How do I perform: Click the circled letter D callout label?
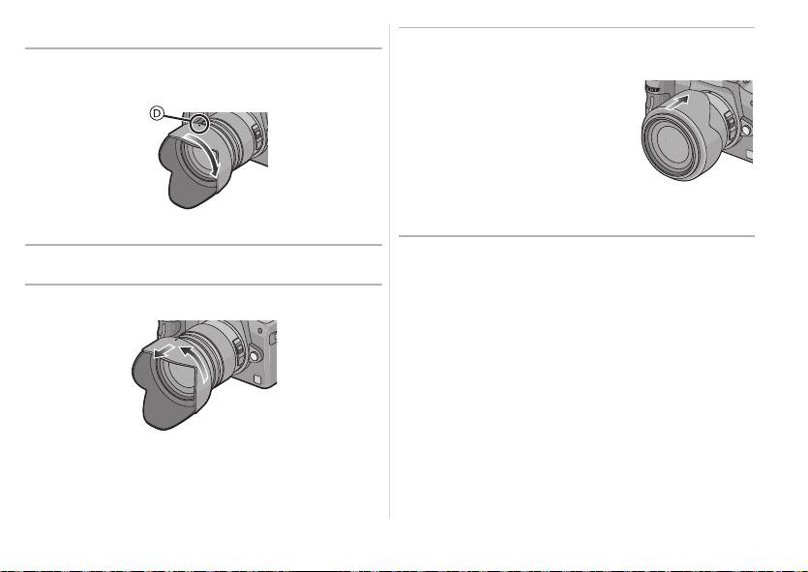[x=157, y=113]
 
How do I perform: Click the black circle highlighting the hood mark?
[x=199, y=123]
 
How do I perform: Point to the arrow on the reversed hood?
[x=675, y=103]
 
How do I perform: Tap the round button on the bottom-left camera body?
[x=254, y=355]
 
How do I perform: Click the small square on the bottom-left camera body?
[x=257, y=379]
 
